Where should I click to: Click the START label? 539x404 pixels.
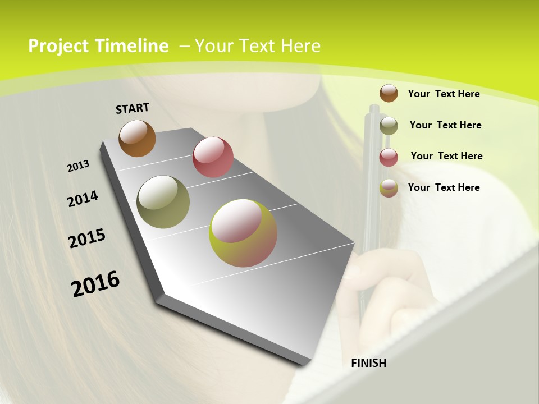pyautogui.click(x=133, y=108)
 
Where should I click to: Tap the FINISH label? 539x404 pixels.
pyautogui.click(x=369, y=363)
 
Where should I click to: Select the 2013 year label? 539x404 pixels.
pyautogui.click(x=79, y=166)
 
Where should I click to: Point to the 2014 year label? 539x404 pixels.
pyautogui.click(x=83, y=199)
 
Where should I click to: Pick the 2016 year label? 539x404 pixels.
pyautogui.click(x=95, y=283)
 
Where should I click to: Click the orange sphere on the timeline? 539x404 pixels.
pyautogui.click(x=137, y=138)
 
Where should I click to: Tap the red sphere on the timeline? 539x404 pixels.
pyautogui.click(x=213, y=157)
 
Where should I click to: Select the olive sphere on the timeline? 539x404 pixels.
pyautogui.click(x=163, y=202)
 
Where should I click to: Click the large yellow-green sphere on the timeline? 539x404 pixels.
pyautogui.click(x=243, y=233)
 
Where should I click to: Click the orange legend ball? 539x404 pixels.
pyautogui.click(x=389, y=93)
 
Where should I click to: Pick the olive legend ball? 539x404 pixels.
pyautogui.click(x=389, y=126)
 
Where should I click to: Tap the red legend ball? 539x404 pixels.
pyautogui.click(x=389, y=157)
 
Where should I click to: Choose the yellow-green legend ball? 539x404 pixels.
pyautogui.click(x=389, y=188)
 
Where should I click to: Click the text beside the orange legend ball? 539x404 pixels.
pyautogui.click(x=444, y=94)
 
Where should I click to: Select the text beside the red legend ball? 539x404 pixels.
pyautogui.click(x=446, y=156)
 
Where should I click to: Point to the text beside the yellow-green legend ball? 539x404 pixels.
pyautogui.click(x=444, y=187)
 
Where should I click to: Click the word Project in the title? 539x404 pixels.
pyautogui.click(x=58, y=46)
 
